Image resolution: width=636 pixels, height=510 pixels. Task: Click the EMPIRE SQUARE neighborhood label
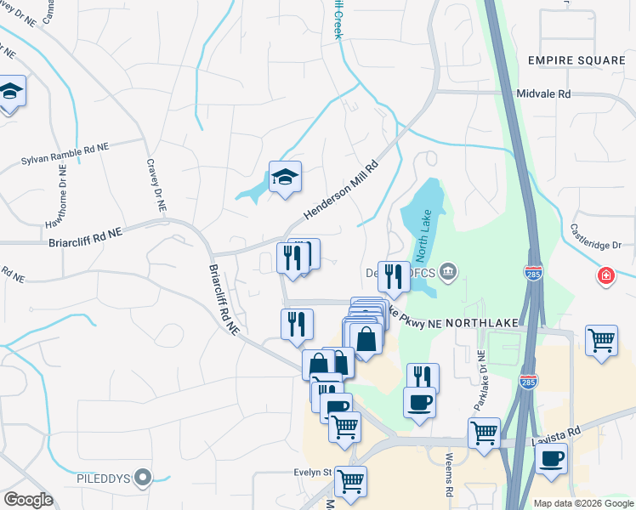[576, 60]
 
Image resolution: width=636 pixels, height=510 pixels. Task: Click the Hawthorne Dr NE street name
[63, 196]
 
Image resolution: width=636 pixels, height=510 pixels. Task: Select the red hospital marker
[605, 275]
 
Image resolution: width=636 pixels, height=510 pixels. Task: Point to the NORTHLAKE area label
[481, 324]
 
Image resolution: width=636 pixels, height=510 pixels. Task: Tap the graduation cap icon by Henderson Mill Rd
[286, 176]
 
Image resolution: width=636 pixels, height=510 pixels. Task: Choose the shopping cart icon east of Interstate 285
[601, 340]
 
